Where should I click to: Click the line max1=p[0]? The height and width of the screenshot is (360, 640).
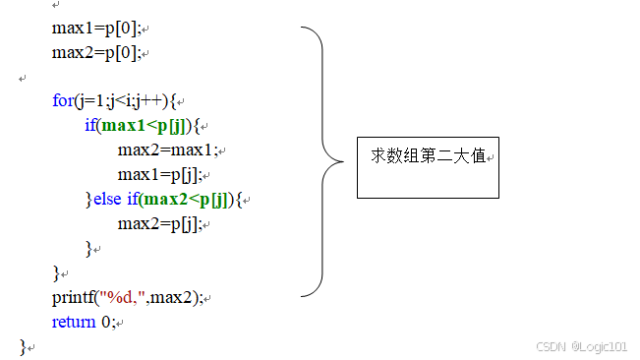pos(95,29)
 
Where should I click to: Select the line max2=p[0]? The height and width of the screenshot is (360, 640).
pos(95,52)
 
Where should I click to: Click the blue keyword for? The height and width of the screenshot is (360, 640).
pos(61,101)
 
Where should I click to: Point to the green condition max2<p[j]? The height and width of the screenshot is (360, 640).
pos(186,200)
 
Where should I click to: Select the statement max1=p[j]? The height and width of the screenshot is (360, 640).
pos(158,175)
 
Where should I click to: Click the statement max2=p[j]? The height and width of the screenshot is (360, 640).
pos(158,223)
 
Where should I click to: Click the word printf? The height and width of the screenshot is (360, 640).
pos(73,297)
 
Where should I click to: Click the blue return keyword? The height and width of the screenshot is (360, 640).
pos(74,322)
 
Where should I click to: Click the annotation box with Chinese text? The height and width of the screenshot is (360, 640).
pos(428,165)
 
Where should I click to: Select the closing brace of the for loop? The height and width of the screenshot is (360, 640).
pos(56,272)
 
